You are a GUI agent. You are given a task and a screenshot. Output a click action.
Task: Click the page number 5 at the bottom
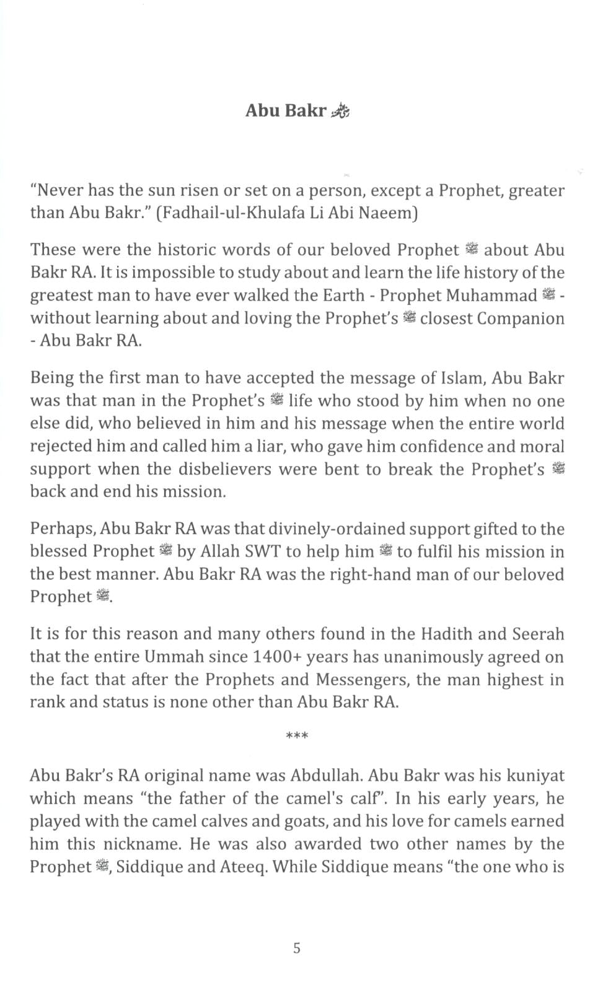297,948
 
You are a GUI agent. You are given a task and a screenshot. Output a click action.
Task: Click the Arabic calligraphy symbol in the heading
340,112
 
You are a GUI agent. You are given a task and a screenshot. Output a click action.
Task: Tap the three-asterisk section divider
297,736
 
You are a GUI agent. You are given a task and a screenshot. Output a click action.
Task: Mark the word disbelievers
224,470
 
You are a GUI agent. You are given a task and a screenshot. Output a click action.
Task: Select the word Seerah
538,634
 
